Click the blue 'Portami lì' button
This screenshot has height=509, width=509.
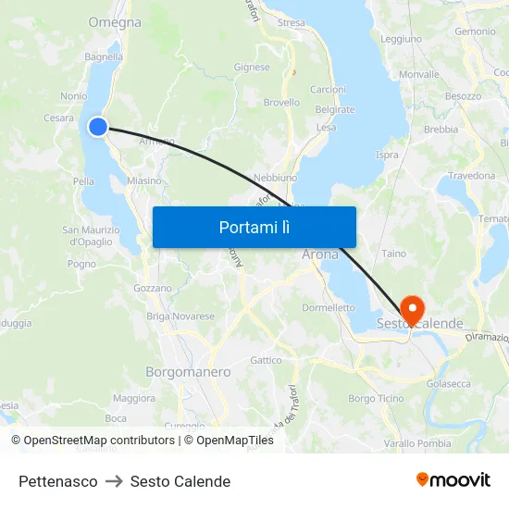(x=254, y=227)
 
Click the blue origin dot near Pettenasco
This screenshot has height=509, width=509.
(x=98, y=128)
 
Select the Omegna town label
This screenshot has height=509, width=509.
(x=115, y=22)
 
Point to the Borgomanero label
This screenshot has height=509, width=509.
(x=188, y=372)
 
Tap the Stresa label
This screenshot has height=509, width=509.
(x=291, y=22)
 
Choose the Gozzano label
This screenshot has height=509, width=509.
(x=153, y=288)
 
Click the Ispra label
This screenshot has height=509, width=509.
(x=387, y=155)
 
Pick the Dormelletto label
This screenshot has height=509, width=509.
(x=329, y=307)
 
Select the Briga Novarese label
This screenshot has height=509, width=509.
(x=180, y=316)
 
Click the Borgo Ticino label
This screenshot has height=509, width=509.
(x=376, y=398)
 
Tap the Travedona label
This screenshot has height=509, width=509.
(x=471, y=175)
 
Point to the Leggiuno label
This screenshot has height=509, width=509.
(x=401, y=39)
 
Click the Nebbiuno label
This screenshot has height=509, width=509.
(x=275, y=176)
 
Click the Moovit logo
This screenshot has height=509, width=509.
(x=453, y=480)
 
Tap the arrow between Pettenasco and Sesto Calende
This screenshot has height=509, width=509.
(x=114, y=481)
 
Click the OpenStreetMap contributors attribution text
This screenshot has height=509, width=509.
(x=94, y=441)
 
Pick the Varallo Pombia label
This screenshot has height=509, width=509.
(x=417, y=444)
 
